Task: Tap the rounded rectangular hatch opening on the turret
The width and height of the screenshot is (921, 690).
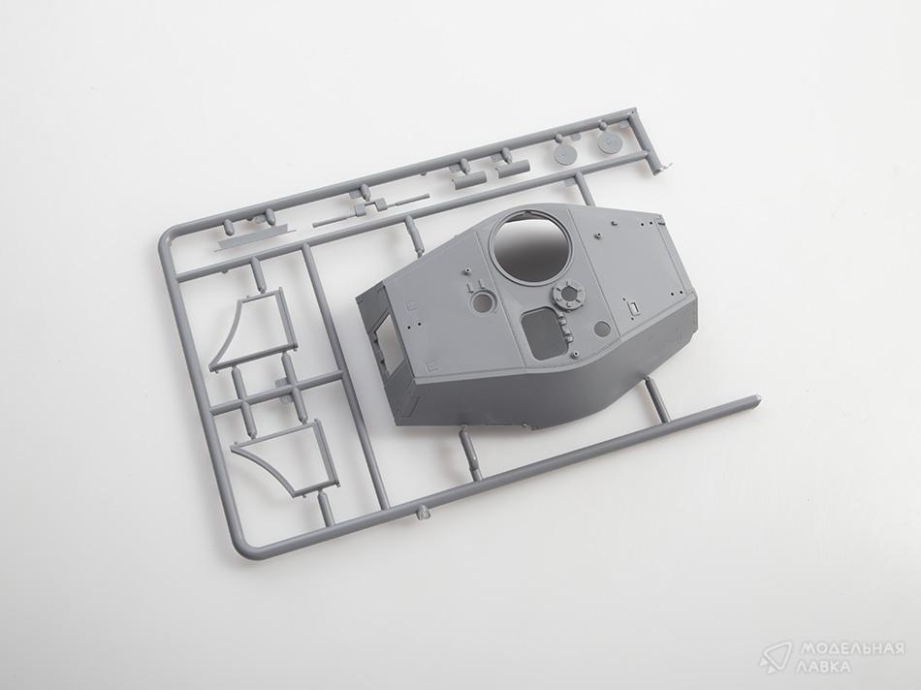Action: [543, 332]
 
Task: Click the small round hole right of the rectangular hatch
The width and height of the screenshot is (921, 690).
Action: [602, 329]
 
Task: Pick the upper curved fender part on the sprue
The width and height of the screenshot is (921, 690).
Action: [249, 329]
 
